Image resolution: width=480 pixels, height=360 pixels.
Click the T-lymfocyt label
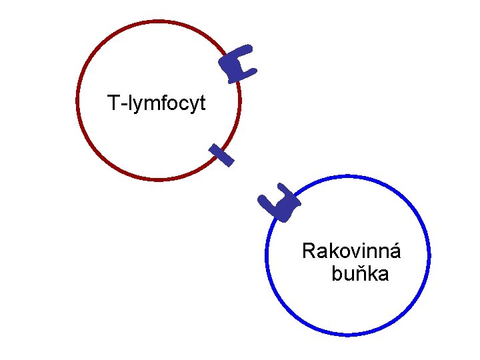(157, 103)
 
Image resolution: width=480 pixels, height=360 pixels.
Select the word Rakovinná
(351, 251)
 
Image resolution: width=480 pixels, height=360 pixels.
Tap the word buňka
(360, 274)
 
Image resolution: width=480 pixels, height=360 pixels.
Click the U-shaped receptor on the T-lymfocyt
(238, 65)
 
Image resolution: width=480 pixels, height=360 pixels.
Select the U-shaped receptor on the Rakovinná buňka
(280, 204)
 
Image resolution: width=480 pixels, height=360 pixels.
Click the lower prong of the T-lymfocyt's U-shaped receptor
(249, 71)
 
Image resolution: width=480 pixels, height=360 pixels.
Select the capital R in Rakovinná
(309, 251)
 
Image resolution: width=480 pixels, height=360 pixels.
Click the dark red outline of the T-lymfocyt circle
(78, 100)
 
